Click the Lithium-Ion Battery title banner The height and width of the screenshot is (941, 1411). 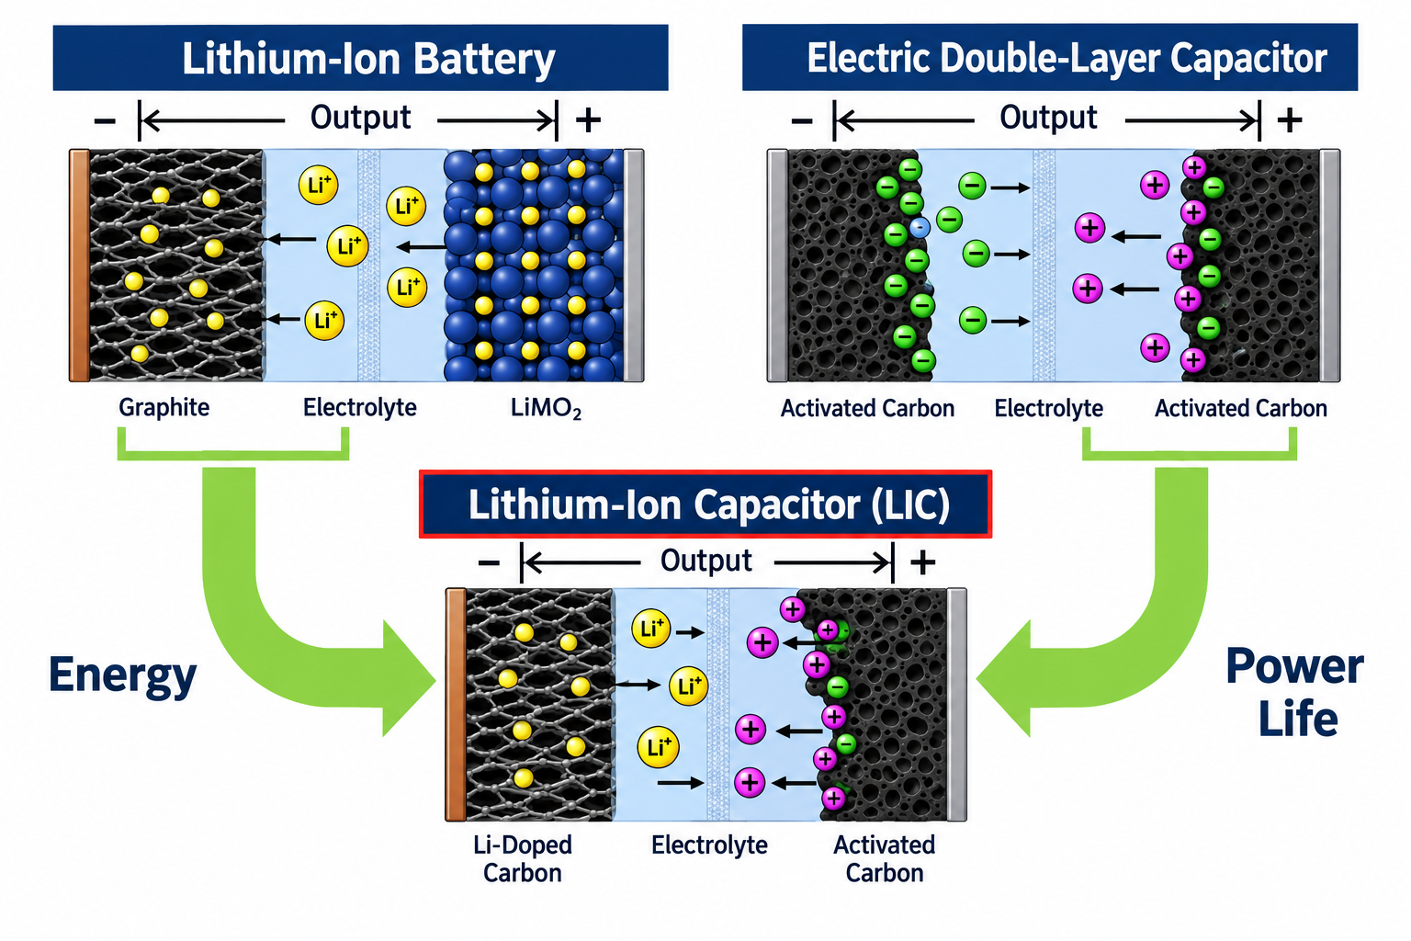[360, 57]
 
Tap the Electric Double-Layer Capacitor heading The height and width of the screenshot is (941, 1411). [1050, 57]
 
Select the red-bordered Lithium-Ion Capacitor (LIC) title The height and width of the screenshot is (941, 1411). [705, 505]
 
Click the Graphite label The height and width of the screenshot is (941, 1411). [164, 408]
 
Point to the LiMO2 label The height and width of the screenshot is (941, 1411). [546, 408]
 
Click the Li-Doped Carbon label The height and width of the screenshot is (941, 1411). [523, 858]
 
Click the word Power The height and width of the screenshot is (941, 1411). [1294, 666]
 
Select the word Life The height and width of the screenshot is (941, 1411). [1298, 719]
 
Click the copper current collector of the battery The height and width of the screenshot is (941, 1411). [79, 266]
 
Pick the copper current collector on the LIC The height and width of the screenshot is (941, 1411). [456, 705]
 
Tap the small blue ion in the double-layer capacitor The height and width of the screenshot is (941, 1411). [920, 227]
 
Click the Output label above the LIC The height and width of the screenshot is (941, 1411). [705, 561]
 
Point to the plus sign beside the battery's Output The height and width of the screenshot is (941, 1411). [588, 119]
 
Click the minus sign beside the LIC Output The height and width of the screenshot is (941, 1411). [489, 562]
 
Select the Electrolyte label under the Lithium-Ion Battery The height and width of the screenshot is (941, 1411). [360, 408]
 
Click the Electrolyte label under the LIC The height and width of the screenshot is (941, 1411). [709, 845]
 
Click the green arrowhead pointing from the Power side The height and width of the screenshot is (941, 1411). [1003, 678]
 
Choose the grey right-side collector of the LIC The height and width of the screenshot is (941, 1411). [957, 705]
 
